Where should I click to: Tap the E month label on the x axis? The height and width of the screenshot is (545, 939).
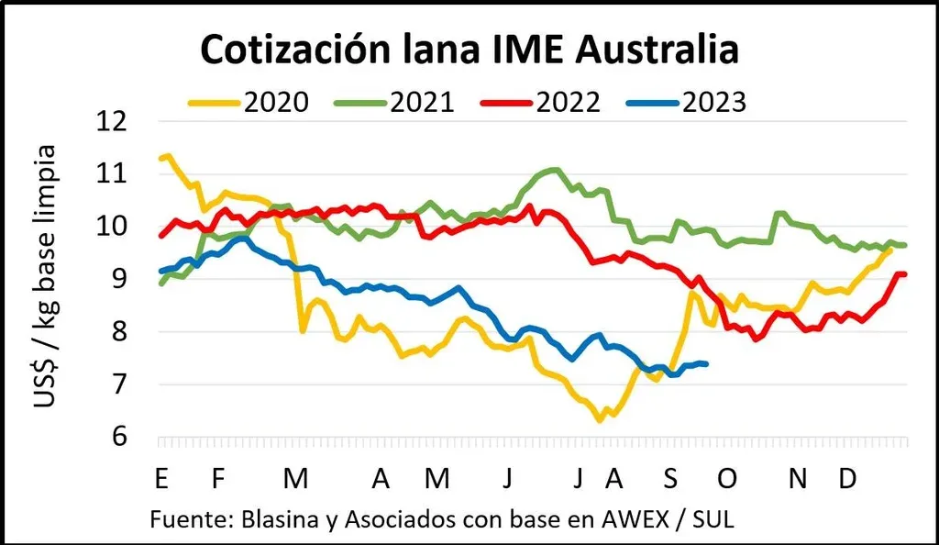pyautogui.click(x=161, y=478)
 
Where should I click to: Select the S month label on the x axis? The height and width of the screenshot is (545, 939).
pyautogui.click(x=671, y=478)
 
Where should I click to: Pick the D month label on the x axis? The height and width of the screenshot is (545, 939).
pyautogui.click(x=849, y=478)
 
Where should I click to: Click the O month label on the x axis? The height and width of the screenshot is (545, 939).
pyautogui.click(x=727, y=478)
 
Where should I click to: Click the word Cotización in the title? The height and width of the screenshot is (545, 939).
pyautogui.click(x=295, y=50)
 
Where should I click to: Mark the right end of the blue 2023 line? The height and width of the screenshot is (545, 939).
pyautogui.click(x=705, y=364)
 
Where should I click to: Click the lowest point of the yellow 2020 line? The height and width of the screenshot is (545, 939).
pyautogui.click(x=600, y=420)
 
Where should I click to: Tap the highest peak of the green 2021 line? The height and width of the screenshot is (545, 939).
pyautogui.click(x=554, y=170)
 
